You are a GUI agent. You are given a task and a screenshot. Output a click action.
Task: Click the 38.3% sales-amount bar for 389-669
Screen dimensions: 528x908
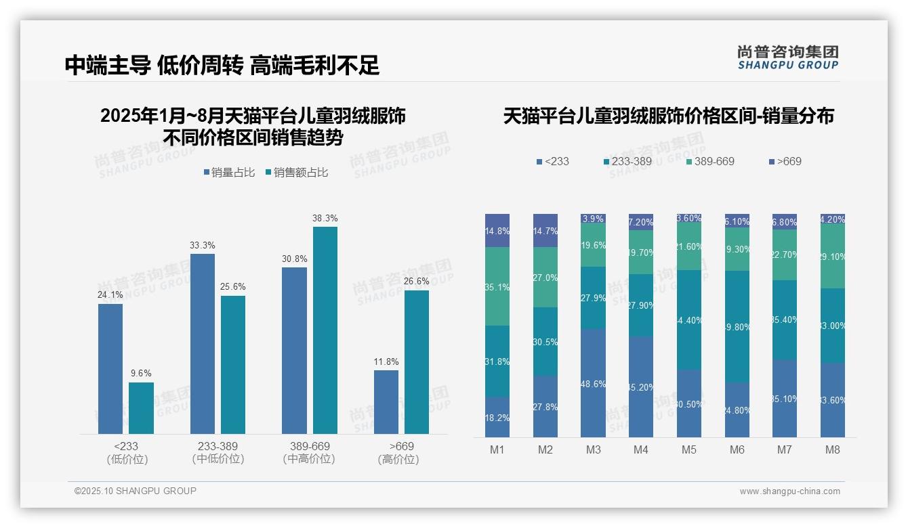(325, 330)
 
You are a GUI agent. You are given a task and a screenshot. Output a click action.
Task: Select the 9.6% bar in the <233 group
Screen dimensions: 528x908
(141, 408)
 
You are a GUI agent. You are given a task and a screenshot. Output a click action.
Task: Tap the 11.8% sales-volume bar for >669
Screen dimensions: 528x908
(386, 401)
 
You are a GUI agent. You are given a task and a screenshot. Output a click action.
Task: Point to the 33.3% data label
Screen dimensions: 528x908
(203, 245)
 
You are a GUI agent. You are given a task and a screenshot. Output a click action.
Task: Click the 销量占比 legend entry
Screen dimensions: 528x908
(229, 173)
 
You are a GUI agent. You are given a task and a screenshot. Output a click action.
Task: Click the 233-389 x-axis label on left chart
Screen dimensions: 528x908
(218, 452)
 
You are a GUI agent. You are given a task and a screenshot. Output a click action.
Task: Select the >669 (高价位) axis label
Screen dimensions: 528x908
(401, 452)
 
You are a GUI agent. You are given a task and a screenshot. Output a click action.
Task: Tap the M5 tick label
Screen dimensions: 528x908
(688, 449)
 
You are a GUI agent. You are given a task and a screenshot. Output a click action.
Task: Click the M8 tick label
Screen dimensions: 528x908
(833, 449)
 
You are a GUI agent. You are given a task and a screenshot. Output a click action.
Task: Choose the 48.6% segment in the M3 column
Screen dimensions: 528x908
(593, 383)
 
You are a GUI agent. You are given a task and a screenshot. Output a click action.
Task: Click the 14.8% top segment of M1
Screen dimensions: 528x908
(497, 230)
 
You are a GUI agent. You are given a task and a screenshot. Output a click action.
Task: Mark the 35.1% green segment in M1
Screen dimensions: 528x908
(497, 286)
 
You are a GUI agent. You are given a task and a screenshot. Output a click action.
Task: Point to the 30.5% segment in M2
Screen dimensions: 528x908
(545, 342)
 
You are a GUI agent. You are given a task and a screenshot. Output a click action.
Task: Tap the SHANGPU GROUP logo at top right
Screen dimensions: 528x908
(787, 57)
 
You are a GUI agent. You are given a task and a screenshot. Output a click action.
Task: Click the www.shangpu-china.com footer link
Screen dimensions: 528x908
(789, 491)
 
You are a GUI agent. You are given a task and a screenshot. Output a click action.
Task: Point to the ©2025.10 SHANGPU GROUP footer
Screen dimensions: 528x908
(135, 491)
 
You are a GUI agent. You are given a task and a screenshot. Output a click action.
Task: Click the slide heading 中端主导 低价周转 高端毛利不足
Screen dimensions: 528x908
(222, 65)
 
